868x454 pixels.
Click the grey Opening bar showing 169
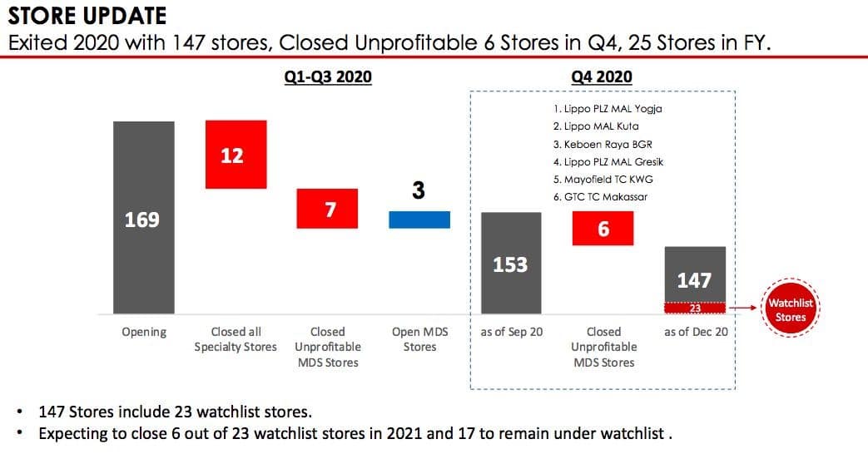point(144,217)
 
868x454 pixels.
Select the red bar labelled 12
point(236,155)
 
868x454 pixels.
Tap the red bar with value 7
point(327,209)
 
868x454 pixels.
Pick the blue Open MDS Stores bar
point(419,220)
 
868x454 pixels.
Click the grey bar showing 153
point(511,264)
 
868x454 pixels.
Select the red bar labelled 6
point(603,229)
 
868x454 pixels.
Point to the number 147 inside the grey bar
point(694,280)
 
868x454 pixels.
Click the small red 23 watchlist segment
point(695,308)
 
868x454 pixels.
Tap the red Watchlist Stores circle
point(791,308)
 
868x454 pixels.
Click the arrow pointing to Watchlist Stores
point(742,308)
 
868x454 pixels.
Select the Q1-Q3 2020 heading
point(328,76)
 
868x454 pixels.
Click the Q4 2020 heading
point(602,76)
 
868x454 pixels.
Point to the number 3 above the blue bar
point(419,190)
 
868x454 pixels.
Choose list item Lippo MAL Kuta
point(596,126)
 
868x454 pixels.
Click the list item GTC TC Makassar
point(600,197)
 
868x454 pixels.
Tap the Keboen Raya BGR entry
point(603,145)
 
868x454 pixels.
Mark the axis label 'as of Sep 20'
point(512,332)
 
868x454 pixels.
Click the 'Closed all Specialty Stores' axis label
point(236,339)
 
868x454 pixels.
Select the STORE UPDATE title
point(87,16)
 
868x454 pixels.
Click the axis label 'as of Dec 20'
point(696,332)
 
